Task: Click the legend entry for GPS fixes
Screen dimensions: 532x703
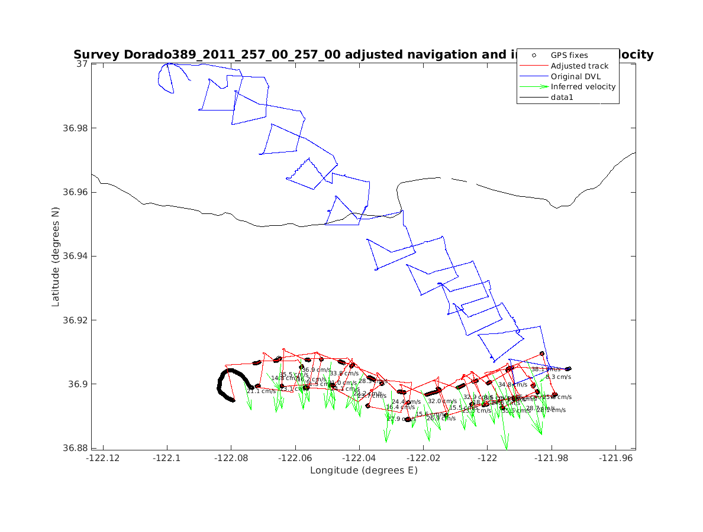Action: [569, 55]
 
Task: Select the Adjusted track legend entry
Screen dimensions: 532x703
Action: [579, 66]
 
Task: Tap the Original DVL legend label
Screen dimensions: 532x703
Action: [577, 76]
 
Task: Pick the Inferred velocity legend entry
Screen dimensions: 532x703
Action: [583, 87]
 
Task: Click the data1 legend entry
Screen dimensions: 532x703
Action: [563, 98]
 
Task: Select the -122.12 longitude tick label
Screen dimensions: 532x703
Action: [103, 458]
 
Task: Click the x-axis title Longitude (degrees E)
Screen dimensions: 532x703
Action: [363, 471]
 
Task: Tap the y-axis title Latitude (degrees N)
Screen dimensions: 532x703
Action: [56, 256]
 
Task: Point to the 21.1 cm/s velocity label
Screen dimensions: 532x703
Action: [261, 391]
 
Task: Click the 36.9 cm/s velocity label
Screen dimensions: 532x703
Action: [317, 370]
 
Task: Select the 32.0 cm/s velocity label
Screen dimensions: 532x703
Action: [443, 401]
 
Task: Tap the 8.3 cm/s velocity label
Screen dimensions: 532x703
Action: [558, 377]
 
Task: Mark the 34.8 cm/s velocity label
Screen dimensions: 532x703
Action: [512, 384]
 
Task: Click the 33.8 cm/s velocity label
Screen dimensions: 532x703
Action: [344, 374]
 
